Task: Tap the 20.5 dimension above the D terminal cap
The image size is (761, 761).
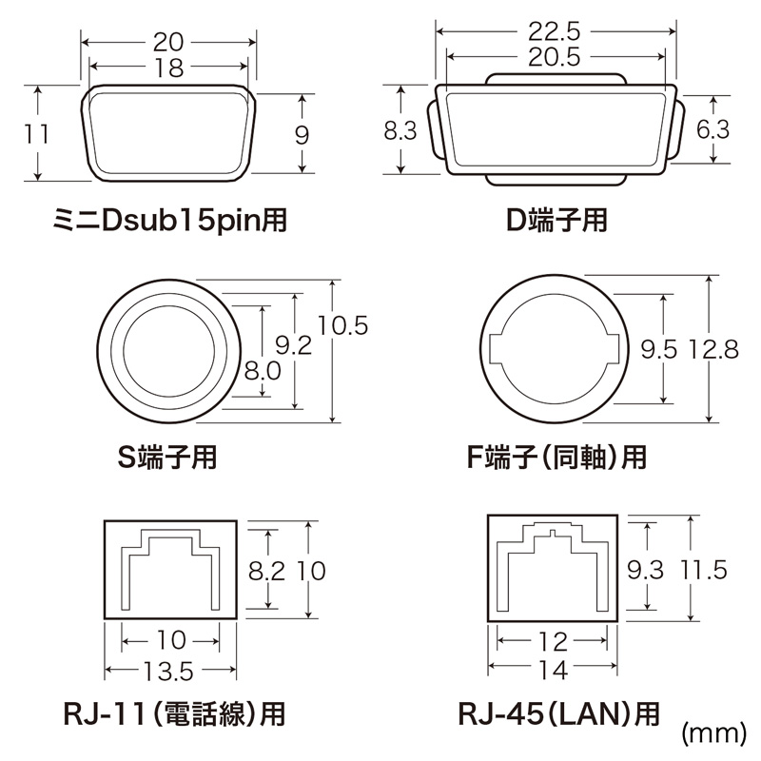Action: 556,57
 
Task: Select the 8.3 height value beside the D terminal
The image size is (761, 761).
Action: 400,131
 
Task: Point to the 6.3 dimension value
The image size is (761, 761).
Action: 712,130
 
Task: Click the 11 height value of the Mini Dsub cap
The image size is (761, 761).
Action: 37,133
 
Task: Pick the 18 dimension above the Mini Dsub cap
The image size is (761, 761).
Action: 171,67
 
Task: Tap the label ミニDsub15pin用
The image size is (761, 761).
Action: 170,222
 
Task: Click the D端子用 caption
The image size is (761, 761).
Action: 556,222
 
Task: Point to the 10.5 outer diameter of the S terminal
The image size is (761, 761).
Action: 343,326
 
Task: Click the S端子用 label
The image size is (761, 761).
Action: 166,458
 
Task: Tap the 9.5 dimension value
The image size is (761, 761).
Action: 658,350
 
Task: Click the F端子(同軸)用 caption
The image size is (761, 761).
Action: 557,458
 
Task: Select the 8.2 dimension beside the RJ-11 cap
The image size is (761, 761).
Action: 267,570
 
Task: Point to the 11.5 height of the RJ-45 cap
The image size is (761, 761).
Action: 704,570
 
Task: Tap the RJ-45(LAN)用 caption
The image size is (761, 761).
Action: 556,712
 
